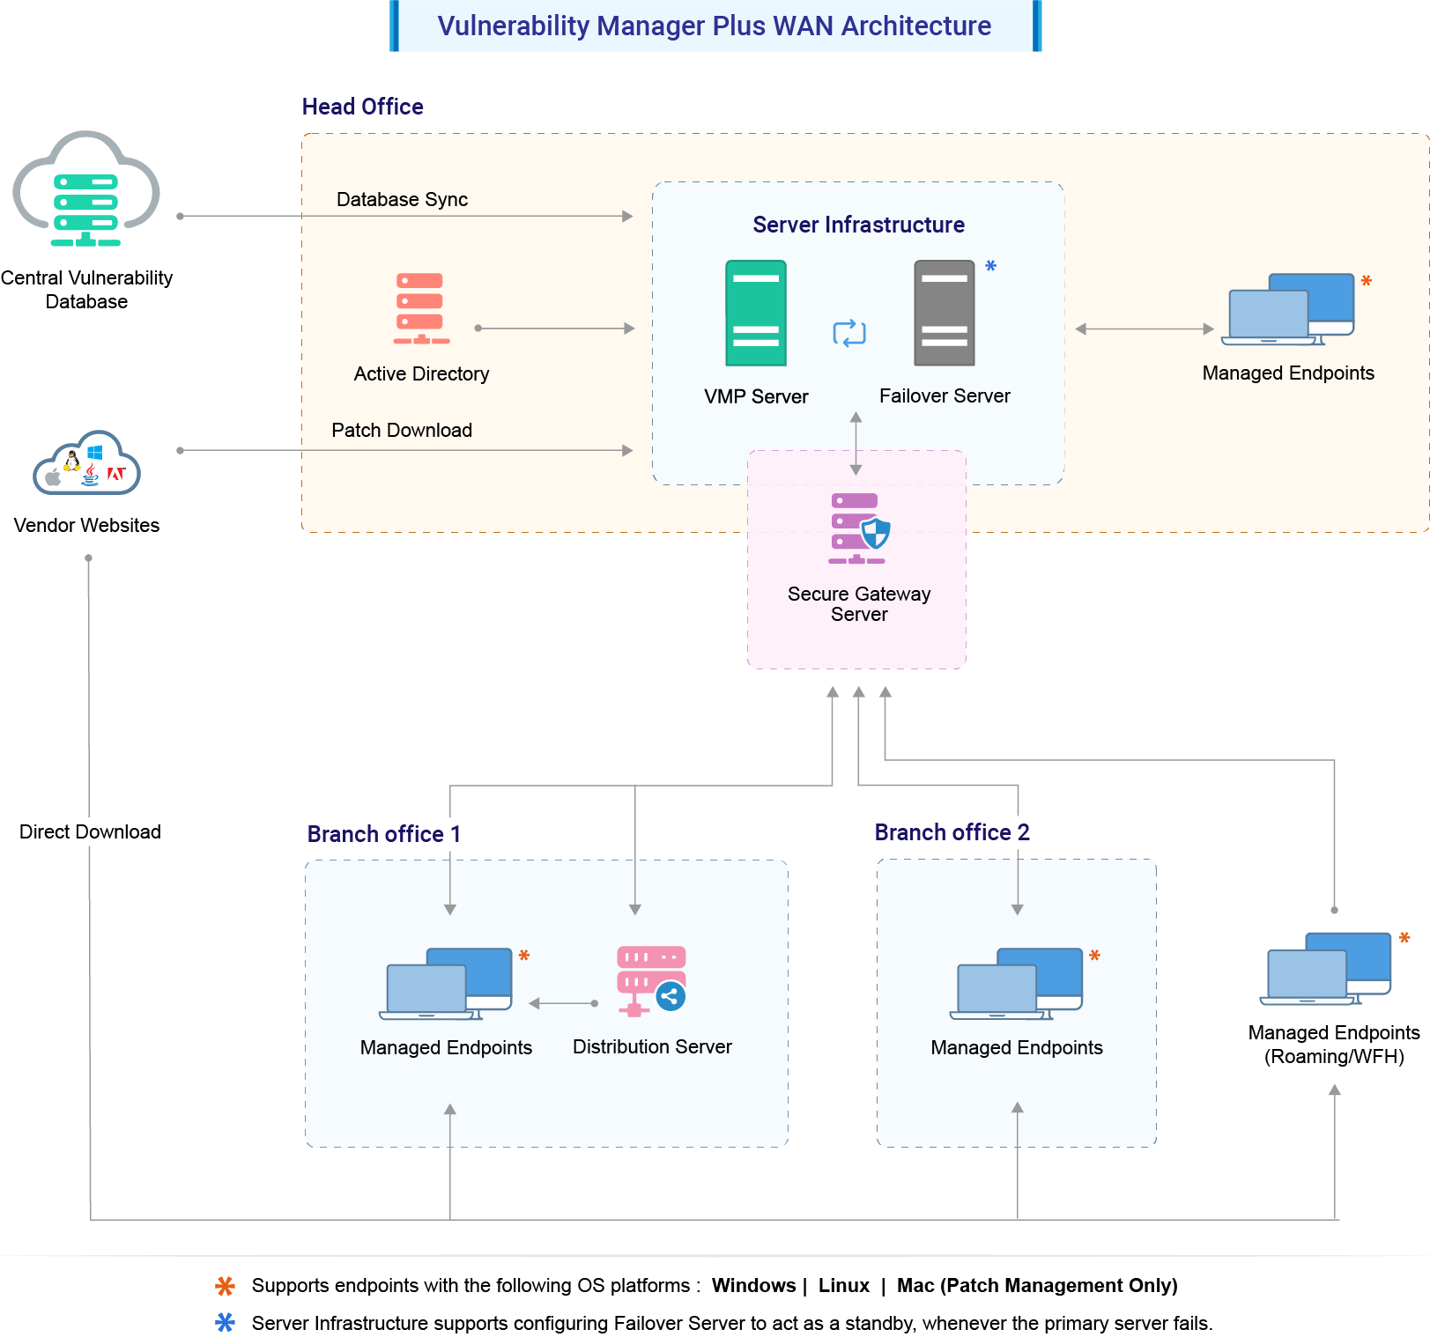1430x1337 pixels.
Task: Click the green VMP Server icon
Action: tap(756, 313)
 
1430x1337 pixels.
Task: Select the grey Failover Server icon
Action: tap(945, 313)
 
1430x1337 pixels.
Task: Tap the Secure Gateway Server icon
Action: tap(858, 528)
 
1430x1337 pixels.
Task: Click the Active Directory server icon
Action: tap(421, 308)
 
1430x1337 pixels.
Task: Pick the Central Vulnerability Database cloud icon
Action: tap(86, 190)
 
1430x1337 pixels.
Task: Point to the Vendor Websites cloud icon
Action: tap(86, 463)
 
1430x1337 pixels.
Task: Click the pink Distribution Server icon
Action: tap(651, 980)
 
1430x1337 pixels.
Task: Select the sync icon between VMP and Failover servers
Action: tap(849, 333)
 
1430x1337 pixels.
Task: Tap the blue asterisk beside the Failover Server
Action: tap(991, 266)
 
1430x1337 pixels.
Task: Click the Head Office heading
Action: tap(362, 107)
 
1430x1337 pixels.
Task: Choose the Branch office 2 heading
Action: tap(952, 832)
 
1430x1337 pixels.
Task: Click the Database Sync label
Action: tap(402, 200)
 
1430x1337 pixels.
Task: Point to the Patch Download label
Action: tap(402, 431)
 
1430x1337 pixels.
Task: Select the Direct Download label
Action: tap(90, 832)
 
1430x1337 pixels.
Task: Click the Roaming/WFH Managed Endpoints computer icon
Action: tap(1330, 969)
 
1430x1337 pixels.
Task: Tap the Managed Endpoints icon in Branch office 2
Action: tap(1019, 984)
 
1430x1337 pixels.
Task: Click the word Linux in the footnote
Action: tap(843, 1286)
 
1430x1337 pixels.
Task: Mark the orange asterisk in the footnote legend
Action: tap(226, 1286)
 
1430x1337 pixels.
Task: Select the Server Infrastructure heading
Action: tap(858, 225)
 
